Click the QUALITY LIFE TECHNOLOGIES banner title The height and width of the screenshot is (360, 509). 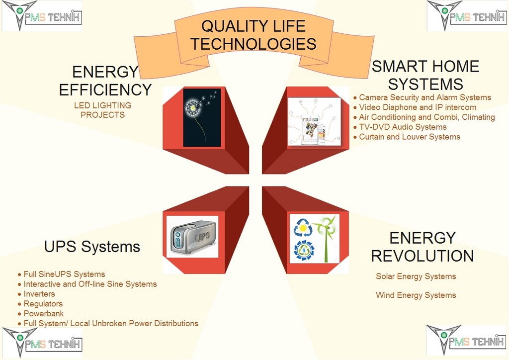pyautogui.click(x=253, y=35)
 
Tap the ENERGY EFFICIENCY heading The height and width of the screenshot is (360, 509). pyautogui.click(x=105, y=81)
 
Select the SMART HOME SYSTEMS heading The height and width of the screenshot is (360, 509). pyautogui.click(x=425, y=75)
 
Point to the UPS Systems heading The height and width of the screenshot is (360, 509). pyautogui.click(x=92, y=247)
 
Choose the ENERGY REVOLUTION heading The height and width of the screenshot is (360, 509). pyautogui.click(x=423, y=247)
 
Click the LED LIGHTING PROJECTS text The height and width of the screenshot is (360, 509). pyautogui.click(x=102, y=110)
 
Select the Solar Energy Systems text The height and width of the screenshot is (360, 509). pyautogui.click(x=416, y=276)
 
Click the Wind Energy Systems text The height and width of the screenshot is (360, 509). pyautogui.click(x=416, y=295)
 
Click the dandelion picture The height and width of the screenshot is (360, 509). pyautogui.click(x=202, y=117)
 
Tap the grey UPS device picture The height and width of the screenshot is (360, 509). pyautogui.click(x=192, y=237)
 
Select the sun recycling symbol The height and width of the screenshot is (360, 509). pyautogui.click(x=303, y=228)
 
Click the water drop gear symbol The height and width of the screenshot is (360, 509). pyautogui.click(x=304, y=250)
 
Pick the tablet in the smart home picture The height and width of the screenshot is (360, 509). pyautogui.click(x=310, y=129)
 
